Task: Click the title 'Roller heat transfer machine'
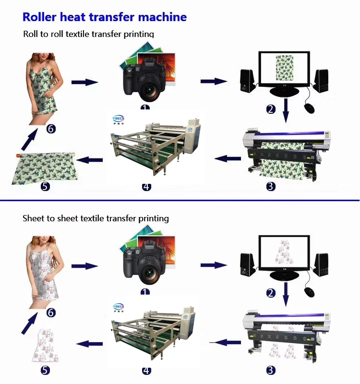click(x=105, y=17)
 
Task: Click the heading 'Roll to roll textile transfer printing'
click(x=89, y=34)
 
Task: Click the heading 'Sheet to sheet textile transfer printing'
click(x=96, y=218)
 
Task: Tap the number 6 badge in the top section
click(x=51, y=129)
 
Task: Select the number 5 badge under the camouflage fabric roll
click(x=45, y=186)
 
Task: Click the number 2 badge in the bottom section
click(x=271, y=293)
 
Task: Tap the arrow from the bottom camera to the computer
click(x=214, y=265)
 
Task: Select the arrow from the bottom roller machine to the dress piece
click(x=90, y=344)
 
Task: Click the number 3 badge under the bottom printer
click(x=271, y=370)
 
